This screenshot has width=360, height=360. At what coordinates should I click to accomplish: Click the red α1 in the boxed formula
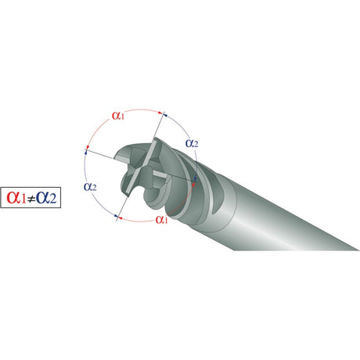(16, 197)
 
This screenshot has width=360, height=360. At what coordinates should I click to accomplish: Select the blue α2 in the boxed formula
(46, 197)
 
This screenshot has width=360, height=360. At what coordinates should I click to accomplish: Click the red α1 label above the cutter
(118, 116)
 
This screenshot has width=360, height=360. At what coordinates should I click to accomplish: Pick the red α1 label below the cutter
(162, 219)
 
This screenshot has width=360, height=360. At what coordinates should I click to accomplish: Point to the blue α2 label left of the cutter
(90, 187)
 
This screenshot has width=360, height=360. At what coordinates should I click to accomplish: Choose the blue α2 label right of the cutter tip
(192, 143)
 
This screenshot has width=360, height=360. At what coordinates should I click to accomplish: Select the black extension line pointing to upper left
(100, 154)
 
